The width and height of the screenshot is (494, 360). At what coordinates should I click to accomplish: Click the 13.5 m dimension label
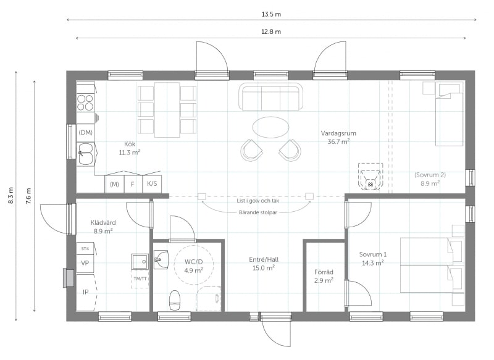[x=271, y=14]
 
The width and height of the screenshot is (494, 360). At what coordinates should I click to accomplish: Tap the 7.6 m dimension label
[x=28, y=196]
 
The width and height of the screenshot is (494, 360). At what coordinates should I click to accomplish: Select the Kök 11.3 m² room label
[x=130, y=148]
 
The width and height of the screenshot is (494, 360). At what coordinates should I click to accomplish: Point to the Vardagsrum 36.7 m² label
[x=338, y=137]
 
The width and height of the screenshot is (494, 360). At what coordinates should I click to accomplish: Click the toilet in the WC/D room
[x=174, y=300]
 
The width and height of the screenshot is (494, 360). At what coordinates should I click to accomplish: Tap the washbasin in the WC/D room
[x=161, y=259]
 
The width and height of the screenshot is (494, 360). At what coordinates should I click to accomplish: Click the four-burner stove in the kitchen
[x=85, y=103]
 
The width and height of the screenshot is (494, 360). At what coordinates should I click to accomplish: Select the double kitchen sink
[x=85, y=154]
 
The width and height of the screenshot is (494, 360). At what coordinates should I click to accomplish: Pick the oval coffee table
[x=270, y=127]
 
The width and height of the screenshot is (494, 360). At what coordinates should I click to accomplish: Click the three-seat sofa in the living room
[x=270, y=96]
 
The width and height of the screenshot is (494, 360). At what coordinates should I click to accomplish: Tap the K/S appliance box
[x=152, y=183]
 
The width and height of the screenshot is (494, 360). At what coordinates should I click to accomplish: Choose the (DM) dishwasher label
[x=85, y=133]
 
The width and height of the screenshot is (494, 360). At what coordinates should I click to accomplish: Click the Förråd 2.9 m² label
[x=324, y=276]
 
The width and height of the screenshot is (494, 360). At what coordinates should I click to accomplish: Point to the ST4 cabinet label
[x=85, y=248]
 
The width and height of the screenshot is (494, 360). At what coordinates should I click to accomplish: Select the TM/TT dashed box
[x=140, y=279]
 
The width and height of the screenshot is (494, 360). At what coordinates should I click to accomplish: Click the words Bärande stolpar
[x=257, y=212]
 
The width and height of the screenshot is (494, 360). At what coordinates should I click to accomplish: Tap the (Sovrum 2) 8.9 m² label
[x=430, y=179]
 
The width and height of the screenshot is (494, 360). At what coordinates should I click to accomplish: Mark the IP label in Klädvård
[x=85, y=292]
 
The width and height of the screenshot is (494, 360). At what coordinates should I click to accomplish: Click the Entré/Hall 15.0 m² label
[x=264, y=264]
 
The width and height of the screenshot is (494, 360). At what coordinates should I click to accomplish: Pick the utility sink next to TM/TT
[x=140, y=261]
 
